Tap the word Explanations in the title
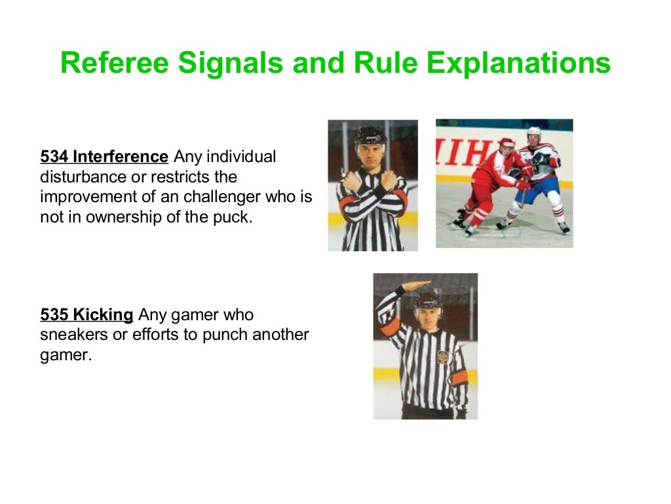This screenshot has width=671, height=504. coord(518,64)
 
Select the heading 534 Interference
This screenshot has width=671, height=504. coord(104,157)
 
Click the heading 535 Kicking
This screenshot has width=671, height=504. coord(86,314)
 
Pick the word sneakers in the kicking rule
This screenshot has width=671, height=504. coord(69,335)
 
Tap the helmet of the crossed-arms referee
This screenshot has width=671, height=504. coord(370,135)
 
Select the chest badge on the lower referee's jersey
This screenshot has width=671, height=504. coord(444,356)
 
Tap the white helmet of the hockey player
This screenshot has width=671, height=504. coord(535,132)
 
